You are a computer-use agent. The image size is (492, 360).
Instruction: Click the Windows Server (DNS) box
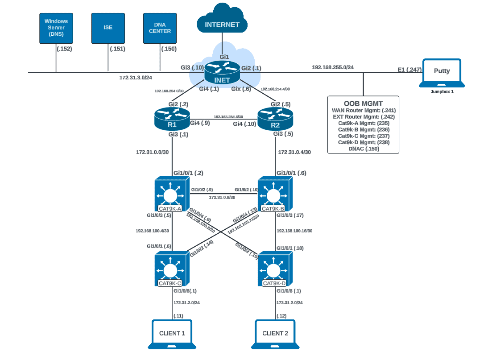(56, 28)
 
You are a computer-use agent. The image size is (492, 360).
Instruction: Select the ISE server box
(108, 28)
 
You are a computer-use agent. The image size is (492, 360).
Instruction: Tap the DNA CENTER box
(160, 28)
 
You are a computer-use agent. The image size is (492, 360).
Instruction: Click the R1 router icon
(172, 118)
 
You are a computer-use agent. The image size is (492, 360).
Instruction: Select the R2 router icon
(275, 118)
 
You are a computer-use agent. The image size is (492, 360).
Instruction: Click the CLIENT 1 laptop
(172, 334)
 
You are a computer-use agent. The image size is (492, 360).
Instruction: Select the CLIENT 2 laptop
(275, 334)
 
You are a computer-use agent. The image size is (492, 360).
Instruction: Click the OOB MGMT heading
(363, 103)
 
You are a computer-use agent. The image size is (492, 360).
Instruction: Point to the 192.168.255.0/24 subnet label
(332, 67)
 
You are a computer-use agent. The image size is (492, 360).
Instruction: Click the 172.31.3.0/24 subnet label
(136, 78)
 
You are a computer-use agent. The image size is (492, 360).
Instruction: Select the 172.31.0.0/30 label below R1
(152, 152)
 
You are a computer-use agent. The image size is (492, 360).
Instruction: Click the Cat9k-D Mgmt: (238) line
(364, 142)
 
